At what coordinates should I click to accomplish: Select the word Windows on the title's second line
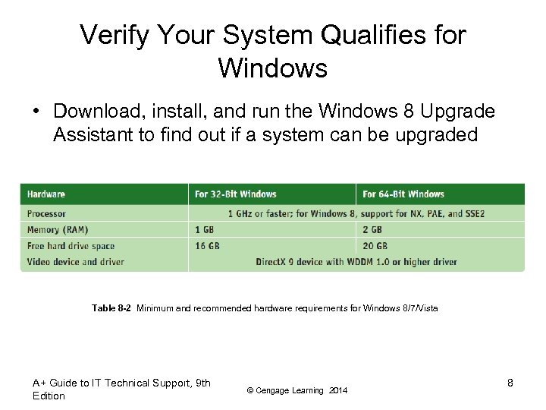tap(272, 68)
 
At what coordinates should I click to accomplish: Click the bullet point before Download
tap(36, 112)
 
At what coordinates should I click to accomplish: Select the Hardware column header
tap(46, 194)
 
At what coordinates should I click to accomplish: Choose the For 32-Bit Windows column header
tap(235, 194)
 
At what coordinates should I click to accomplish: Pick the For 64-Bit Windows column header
tap(403, 194)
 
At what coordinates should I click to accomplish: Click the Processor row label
tap(46, 214)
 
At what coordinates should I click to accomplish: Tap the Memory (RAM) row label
tap(58, 230)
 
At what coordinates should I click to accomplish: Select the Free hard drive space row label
tap(71, 246)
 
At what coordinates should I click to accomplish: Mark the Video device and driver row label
tap(75, 262)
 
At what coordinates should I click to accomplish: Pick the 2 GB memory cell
tap(372, 230)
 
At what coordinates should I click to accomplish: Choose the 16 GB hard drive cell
tap(208, 246)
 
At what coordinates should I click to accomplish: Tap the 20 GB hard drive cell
tap(375, 246)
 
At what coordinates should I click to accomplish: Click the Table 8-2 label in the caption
tap(111, 308)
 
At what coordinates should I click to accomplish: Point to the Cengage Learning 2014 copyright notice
tap(298, 390)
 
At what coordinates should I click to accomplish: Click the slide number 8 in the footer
tap(510, 383)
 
